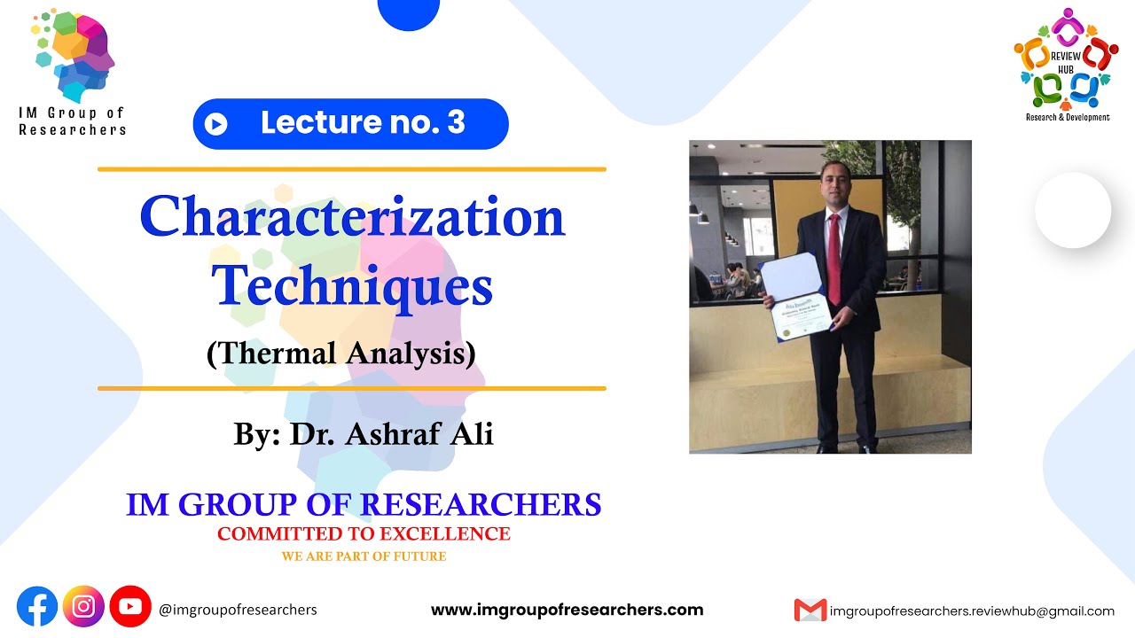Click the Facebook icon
tap(37, 607)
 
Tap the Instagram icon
tap(84, 607)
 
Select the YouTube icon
tap(130, 607)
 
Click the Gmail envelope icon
tap(810, 610)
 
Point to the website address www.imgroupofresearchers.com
tap(567, 610)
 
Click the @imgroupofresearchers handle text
tap(238, 610)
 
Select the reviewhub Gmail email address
tap(972, 611)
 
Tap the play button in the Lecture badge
tap(215, 124)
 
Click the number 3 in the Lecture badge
tap(456, 123)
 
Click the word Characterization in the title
tap(352, 217)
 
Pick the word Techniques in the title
tap(352, 286)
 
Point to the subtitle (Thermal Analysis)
tap(341, 353)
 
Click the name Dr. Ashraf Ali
tap(392, 434)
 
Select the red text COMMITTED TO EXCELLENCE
tap(364, 533)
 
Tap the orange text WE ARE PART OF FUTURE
tap(364, 556)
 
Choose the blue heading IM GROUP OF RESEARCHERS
tap(364, 504)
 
